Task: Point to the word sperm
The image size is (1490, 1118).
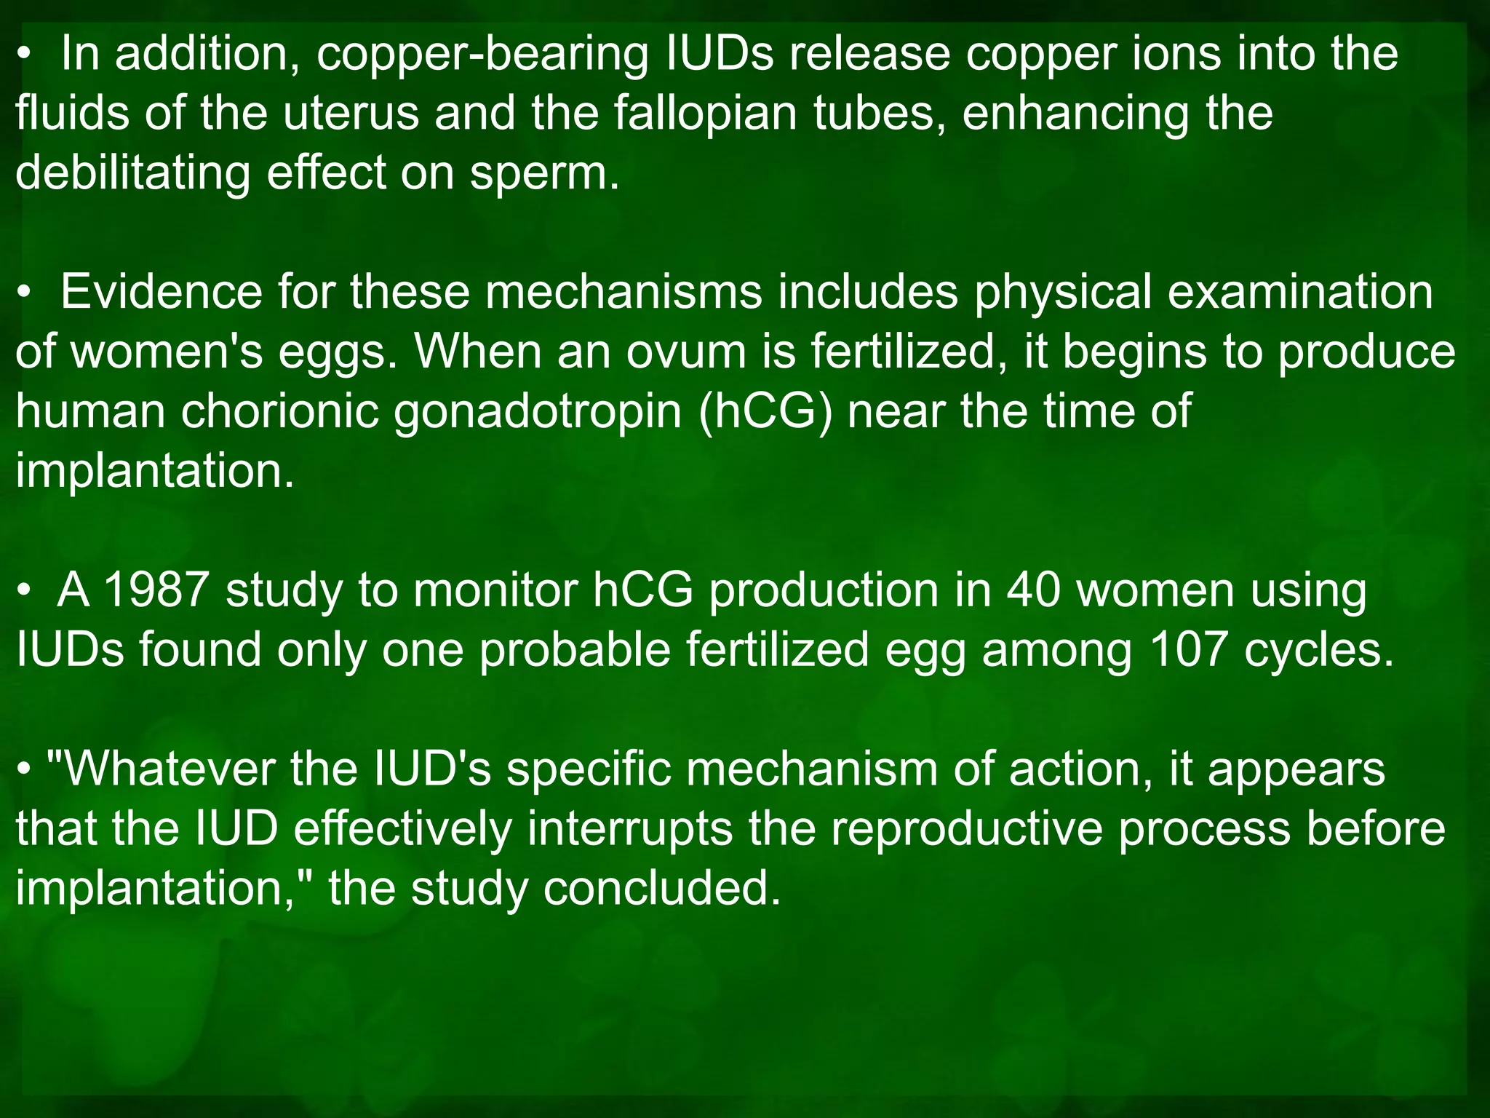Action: coord(543,175)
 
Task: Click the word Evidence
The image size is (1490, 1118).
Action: coord(161,292)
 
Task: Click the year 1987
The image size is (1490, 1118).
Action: coord(157,590)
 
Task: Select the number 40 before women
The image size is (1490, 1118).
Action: coord(1032,590)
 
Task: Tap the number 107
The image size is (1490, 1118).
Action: coord(1189,650)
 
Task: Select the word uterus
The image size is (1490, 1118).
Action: coord(351,114)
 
